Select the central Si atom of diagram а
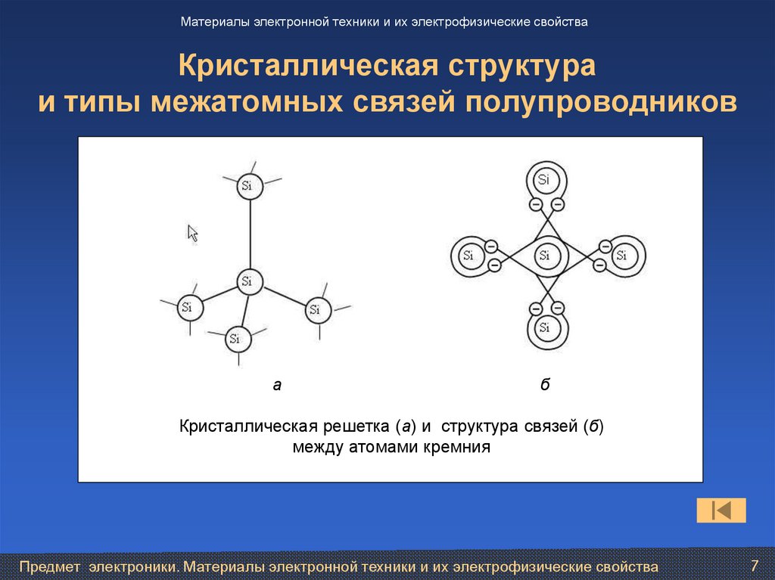point(247,282)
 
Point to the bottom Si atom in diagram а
point(235,339)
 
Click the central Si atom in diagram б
point(544,256)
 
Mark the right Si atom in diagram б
point(621,256)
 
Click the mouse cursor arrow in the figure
point(192,233)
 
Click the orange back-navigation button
point(721,510)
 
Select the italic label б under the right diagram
point(544,385)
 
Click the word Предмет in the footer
point(51,566)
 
